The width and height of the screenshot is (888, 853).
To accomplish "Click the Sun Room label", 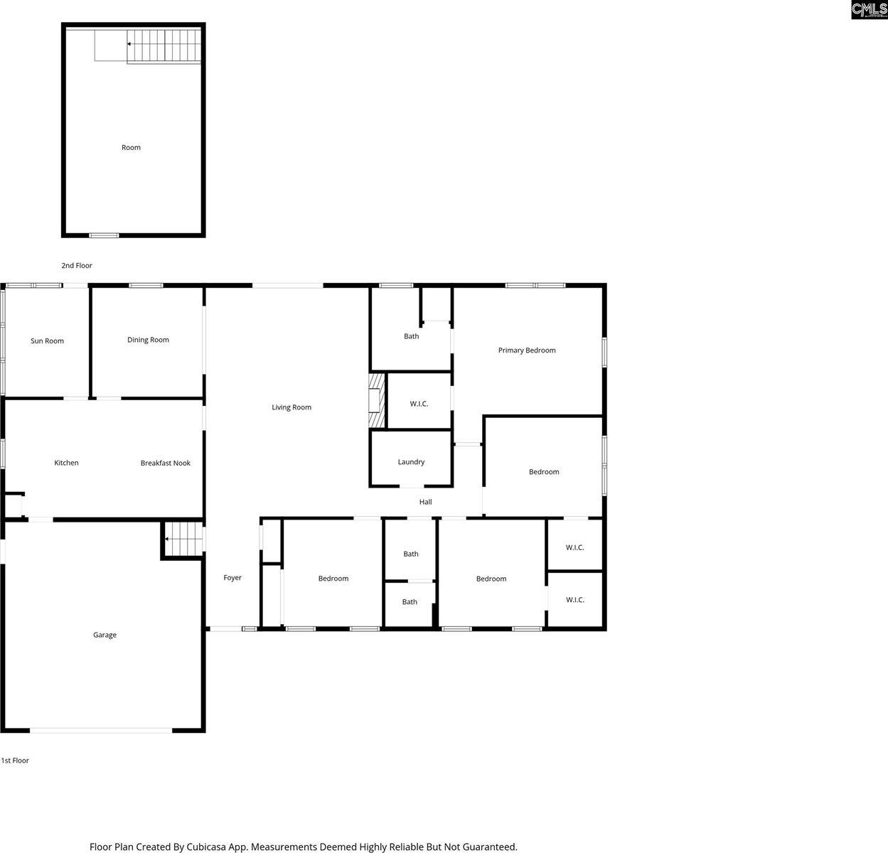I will [x=47, y=341].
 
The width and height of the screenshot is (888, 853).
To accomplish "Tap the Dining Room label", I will [x=148, y=340].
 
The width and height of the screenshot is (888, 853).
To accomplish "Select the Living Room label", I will [x=291, y=407].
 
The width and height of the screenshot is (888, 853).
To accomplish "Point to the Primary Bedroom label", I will [x=526, y=350].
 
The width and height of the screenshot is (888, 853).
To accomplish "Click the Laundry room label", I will [x=411, y=462].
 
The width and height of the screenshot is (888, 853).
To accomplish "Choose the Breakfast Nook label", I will [x=165, y=463].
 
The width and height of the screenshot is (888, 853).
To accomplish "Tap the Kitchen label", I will [x=66, y=463].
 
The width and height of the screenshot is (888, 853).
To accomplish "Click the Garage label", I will [x=105, y=635].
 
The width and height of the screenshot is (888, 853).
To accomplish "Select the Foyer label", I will [x=232, y=578].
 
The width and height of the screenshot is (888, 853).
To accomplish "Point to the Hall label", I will [x=425, y=502].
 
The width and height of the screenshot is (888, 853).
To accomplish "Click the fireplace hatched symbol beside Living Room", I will [x=375, y=401].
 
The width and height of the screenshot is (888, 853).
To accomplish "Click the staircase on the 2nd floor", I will [x=164, y=45].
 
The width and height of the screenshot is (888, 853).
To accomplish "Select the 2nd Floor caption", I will [x=77, y=266].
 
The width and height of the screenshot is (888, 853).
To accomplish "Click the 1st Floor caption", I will [x=15, y=761].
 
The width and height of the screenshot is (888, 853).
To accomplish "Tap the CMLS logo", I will [x=869, y=9].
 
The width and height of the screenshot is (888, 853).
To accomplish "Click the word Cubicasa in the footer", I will [x=206, y=847].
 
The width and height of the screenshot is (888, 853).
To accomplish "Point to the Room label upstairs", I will [x=131, y=148].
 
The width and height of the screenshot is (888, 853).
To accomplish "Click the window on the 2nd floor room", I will [x=104, y=235].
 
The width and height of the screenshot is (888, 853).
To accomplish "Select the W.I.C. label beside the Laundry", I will [x=419, y=404].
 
